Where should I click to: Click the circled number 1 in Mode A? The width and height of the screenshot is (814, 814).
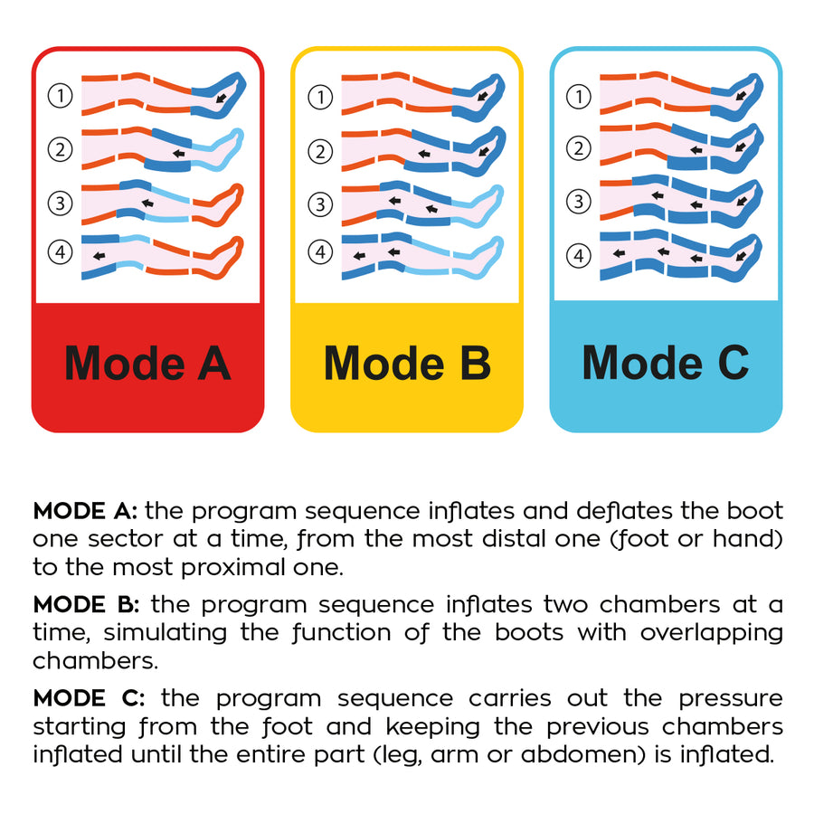coord(61,96)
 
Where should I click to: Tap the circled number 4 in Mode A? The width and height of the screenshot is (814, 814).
coord(61,252)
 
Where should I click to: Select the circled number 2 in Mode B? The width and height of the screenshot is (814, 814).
coord(320,152)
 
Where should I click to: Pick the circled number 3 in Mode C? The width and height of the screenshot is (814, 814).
coord(578,202)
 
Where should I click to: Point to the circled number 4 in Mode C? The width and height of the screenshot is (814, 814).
coord(578,256)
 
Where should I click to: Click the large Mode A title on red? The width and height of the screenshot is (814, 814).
coord(147,363)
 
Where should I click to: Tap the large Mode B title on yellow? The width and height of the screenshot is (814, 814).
coord(407,363)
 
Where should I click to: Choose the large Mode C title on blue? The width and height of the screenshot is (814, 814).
coord(666,363)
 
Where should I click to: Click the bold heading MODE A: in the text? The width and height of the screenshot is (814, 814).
coord(85,511)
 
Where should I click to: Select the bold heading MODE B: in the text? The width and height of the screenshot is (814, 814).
coord(86,605)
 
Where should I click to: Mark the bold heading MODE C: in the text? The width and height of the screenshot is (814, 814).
coord(89,698)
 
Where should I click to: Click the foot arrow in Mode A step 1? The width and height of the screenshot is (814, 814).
coord(222,98)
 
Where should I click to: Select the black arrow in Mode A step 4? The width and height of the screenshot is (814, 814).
coord(99,256)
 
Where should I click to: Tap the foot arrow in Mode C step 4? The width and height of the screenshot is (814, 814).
coord(741,256)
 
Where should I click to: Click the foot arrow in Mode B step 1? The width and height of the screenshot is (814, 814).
coord(482,96)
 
